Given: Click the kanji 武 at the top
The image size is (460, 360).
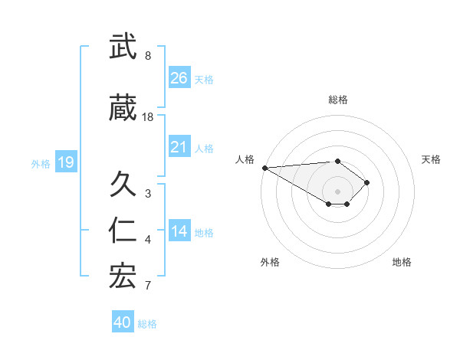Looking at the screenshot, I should click(123, 47).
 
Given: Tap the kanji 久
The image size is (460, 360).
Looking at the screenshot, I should click(123, 185).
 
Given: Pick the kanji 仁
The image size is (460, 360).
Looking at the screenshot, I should click(123, 231).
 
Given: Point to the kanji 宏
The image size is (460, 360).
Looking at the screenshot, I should click(123, 277).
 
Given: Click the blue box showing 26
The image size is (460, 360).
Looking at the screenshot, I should click(179, 77).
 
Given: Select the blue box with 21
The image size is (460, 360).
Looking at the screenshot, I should click(179, 148).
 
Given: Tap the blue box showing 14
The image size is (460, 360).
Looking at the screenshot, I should click(179, 232).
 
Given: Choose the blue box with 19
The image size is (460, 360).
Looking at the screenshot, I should click(65, 162).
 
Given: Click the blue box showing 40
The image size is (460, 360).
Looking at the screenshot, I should click(123, 322).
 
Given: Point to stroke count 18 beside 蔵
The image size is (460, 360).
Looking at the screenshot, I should click(148, 116).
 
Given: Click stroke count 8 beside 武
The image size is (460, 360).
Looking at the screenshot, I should click(148, 55).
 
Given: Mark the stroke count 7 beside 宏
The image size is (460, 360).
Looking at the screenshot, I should click(148, 286).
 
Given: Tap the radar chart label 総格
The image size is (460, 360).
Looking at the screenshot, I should click(338, 100).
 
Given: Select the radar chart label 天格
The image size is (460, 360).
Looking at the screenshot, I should click(431, 159).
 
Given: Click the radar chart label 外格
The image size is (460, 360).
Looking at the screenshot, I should click(270, 262).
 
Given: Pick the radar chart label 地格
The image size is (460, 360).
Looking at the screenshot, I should click(402, 262).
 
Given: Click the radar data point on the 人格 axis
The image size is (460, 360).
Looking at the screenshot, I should click(264, 168).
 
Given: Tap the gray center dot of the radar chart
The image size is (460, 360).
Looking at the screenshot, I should click(337, 190).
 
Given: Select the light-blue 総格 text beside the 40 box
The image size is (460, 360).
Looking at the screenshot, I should click(147, 324).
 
